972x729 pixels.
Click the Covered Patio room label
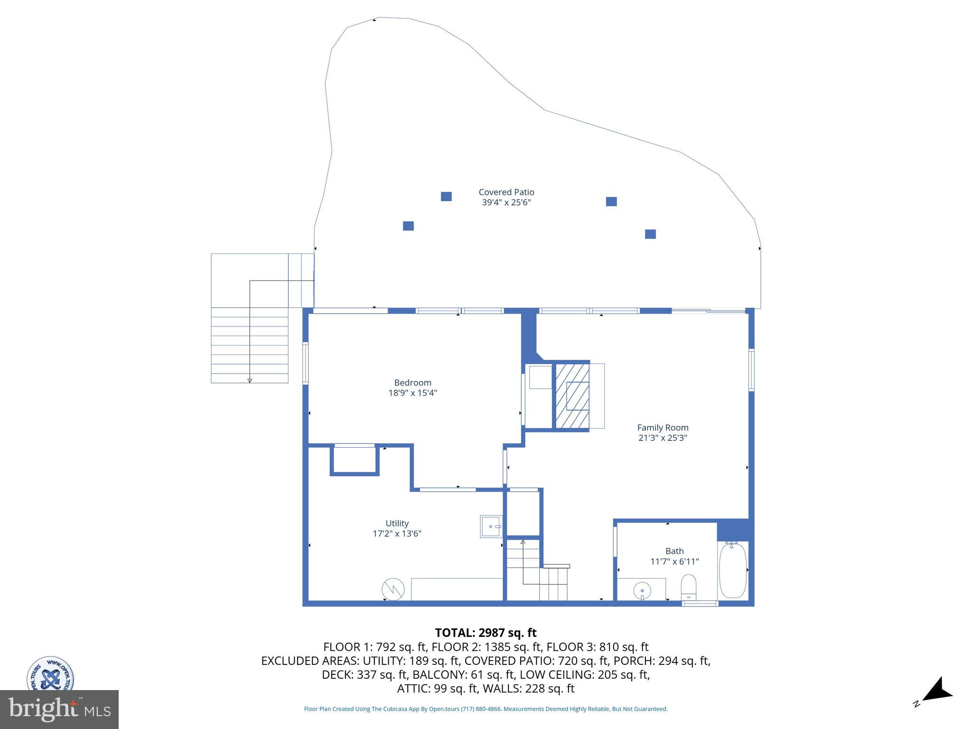point(506,192)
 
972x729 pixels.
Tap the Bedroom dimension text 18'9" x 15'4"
point(412,393)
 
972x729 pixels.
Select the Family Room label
point(663,428)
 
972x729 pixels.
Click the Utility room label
point(397,523)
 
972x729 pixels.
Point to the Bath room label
point(674,551)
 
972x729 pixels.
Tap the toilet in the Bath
point(688,587)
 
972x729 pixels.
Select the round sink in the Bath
point(642,591)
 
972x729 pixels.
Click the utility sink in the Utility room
point(491,526)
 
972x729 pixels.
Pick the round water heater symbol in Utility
point(393,589)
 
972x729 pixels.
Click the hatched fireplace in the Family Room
point(572,396)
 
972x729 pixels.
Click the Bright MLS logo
point(59,709)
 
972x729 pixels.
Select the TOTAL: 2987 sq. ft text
point(486,633)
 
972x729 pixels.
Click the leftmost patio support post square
point(408,226)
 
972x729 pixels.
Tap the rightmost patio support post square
point(650,234)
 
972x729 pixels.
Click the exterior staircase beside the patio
point(250,345)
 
